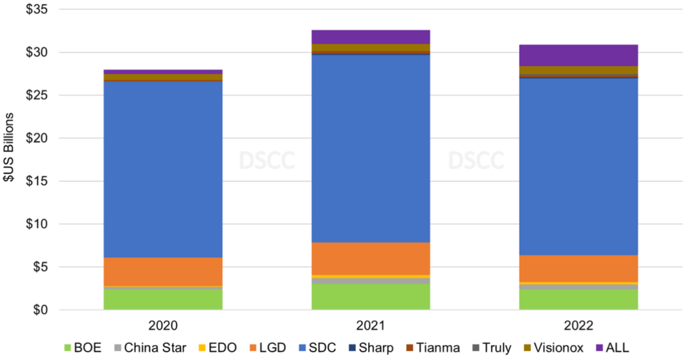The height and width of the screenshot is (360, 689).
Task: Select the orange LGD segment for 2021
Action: point(371,258)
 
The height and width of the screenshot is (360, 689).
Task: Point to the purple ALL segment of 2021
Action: point(371,36)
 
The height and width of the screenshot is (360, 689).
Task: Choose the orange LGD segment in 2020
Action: point(163,271)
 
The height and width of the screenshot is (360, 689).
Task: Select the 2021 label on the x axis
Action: point(371,326)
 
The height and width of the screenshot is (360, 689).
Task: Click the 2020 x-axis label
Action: point(163,326)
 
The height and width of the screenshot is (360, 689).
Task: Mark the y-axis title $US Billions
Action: point(11,159)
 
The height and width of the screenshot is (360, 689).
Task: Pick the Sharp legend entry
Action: point(371,348)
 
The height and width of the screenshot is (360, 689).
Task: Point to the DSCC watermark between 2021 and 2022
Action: point(476,160)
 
